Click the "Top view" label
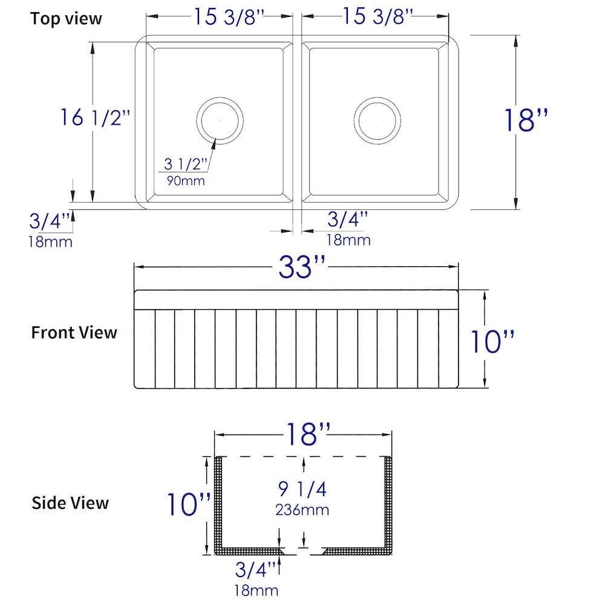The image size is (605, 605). pyautogui.click(x=67, y=18)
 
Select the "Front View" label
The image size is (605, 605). pyautogui.click(x=74, y=332)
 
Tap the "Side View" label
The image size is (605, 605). pyautogui.click(x=70, y=502)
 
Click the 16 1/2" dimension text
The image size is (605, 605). pyautogui.click(x=95, y=117)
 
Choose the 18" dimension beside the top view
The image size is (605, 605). pyautogui.click(x=526, y=120)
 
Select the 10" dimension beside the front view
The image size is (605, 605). pyautogui.click(x=492, y=343)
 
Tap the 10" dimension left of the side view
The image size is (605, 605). pyautogui.click(x=189, y=504)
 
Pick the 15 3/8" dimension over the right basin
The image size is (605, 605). pyautogui.click(x=378, y=18)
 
